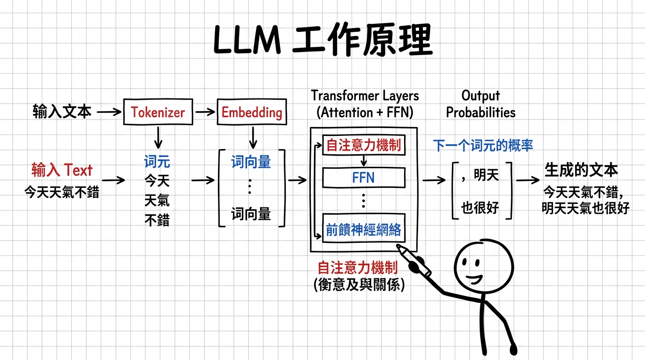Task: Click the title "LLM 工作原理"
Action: click(x=322, y=41)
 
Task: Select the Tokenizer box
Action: click(x=158, y=112)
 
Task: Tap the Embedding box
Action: click(x=252, y=112)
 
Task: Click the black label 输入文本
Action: click(x=62, y=112)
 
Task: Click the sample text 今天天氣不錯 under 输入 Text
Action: click(x=62, y=192)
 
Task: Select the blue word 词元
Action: click(x=157, y=162)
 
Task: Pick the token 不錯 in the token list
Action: click(x=157, y=220)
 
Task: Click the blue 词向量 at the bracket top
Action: click(x=251, y=162)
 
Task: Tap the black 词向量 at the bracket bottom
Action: click(x=251, y=215)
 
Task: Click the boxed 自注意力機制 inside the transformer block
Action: click(x=363, y=145)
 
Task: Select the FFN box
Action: click(x=363, y=178)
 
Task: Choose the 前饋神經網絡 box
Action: click(x=363, y=230)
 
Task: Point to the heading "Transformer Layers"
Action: click(x=365, y=96)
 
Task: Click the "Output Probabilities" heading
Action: click(x=480, y=104)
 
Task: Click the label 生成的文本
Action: click(x=581, y=170)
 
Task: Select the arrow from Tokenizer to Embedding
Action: click(x=204, y=112)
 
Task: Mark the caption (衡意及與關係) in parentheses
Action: click(x=358, y=284)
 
